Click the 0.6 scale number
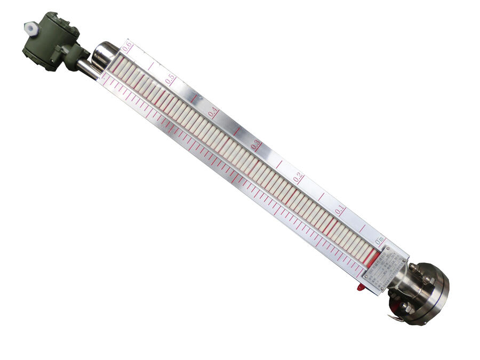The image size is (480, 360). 127,47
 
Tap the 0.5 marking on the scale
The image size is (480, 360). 170,79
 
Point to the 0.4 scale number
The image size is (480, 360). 213,112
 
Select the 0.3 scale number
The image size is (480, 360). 255,144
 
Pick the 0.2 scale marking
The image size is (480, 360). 298,178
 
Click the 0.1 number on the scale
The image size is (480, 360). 340,210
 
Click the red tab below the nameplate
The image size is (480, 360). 361,287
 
